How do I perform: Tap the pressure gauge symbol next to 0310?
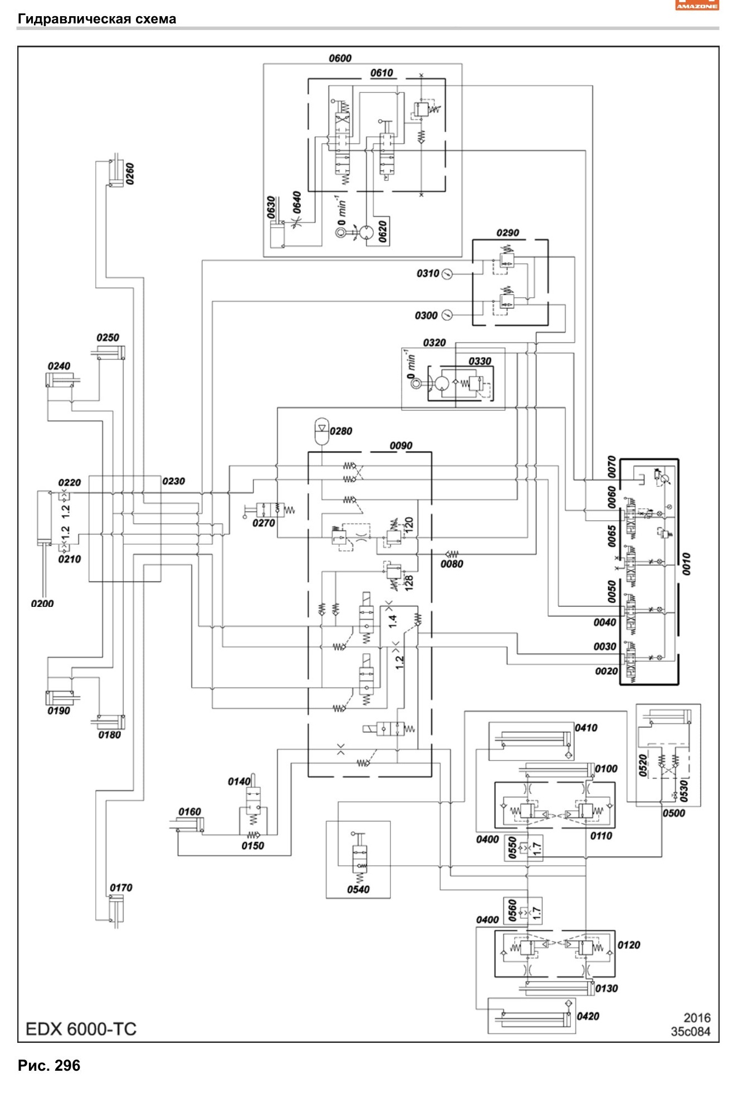coord(447,273)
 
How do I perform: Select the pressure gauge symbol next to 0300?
coord(447,315)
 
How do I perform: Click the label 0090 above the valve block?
coord(401,445)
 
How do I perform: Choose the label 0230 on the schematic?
coord(174,481)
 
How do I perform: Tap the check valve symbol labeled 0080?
coord(452,553)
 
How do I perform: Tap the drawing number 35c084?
coord(691,1031)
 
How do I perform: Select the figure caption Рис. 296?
coord(49,1066)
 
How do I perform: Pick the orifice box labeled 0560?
coord(524,911)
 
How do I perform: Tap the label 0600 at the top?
coord(340,58)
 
